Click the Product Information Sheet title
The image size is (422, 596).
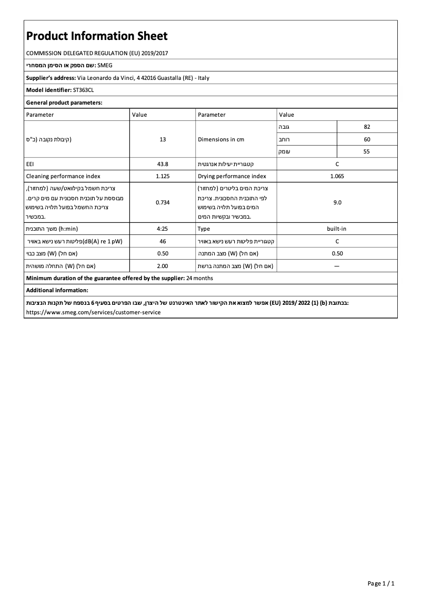click(x=97, y=36)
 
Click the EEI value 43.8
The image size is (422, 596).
click(x=163, y=164)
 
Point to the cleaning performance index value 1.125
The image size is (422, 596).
click(x=163, y=177)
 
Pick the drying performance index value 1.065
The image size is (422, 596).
click(x=337, y=177)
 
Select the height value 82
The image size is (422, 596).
click(x=367, y=127)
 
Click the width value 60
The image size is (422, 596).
click(x=367, y=139)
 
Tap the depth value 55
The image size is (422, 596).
click(x=367, y=152)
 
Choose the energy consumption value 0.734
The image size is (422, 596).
click(x=163, y=202)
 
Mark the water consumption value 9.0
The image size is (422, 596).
click(x=337, y=202)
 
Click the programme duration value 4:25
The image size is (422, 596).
click(x=163, y=229)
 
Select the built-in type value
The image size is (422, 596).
click(x=337, y=229)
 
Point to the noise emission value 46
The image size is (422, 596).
click(x=163, y=241)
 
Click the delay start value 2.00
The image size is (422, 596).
click(x=163, y=266)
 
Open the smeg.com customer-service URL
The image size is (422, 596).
click(x=93, y=312)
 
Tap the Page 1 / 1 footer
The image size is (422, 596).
click(x=380, y=583)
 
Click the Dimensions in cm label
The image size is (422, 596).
click(x=221, y=140)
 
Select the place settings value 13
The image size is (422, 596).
click(x=163, y=140)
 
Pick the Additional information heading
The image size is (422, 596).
click(x=57, y=290)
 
